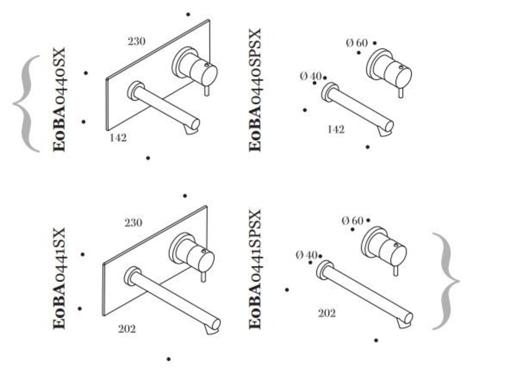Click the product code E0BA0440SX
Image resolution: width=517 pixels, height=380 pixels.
pyautogui.click(x=59, y=100)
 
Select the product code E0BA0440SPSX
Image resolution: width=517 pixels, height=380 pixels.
pyautogui.click(x=255, y=90)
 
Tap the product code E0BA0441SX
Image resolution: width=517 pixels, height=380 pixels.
pyautogui.click(x=59, y=278)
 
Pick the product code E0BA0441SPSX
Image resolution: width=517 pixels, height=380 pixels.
pyautogui.click(x=255, y=269)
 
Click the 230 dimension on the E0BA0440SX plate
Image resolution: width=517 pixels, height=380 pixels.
pyautogui.click(x=137, y=41)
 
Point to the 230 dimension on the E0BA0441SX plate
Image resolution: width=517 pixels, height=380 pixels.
pyautogui.click(x=134, y=223)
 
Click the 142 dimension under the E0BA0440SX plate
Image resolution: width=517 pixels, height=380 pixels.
pyautogui.click(x=118, y=138)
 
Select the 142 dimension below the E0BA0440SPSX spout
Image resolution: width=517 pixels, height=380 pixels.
pyautogui.click(x=336, y=130)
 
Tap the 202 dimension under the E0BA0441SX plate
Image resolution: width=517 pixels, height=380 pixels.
pyautogui.click(x=127, y=329)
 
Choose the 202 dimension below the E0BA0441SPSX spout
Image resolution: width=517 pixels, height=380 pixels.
pyautogui.click(x=327, y=314)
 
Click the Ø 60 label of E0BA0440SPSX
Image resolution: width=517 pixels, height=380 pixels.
pyautogui.click(x=357, y=43)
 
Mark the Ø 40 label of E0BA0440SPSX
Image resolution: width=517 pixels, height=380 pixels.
pyautogui.click(x=311, y=76)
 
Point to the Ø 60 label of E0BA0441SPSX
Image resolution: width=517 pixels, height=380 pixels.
pyautogui.click(x=352, y=221)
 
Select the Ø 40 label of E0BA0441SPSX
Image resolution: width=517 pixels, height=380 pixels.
pyautogui.click(x=306, y=255)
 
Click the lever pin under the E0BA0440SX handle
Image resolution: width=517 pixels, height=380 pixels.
pyautogui.click(x=207, y=91)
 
